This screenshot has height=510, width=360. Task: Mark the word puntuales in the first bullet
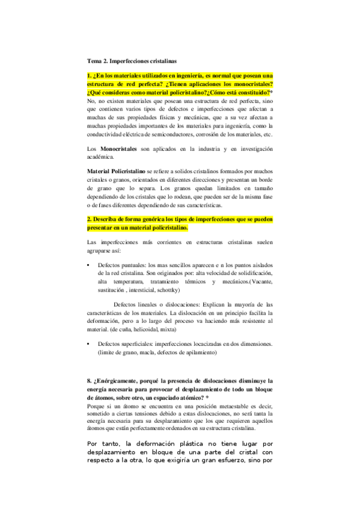coord(131,264)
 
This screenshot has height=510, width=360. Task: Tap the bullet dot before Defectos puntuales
coord(89,264)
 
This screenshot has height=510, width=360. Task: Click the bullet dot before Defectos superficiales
coord(89,343)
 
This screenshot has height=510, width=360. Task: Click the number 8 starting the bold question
coord(89,381)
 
